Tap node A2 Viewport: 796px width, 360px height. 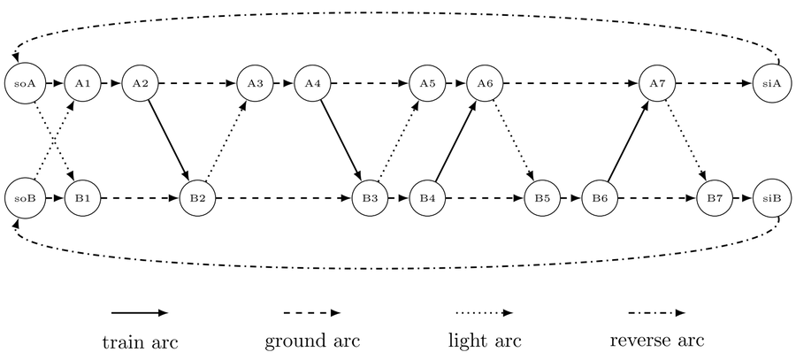coord(140,84)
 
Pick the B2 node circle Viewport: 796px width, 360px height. coord(197,196)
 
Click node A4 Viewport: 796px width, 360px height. coord(312,84)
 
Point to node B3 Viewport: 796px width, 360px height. coord(370,196)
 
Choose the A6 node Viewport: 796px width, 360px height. coord(485,84)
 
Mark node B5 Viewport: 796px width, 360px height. coord(542,196)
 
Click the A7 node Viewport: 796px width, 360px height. coord(657,84)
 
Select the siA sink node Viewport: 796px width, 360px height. coord(772,84)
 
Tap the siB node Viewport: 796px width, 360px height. coord(772,196)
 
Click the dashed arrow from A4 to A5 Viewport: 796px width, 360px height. coord(370,84)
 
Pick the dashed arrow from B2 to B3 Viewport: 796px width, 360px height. coord(283,196)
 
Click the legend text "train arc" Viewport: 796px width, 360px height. coord(140,341)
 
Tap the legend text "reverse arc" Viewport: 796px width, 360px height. coord(657,340)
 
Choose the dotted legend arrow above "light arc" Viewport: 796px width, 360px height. coord(484,312)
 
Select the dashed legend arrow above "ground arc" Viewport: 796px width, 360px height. coord(312,312)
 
